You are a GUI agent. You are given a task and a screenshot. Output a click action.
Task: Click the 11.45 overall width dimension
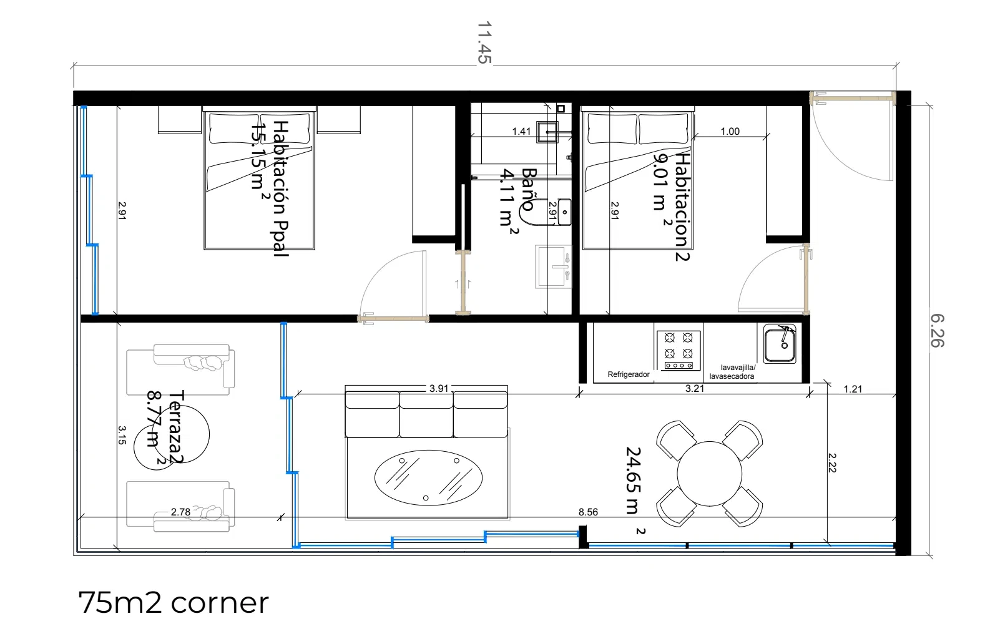[484, 42]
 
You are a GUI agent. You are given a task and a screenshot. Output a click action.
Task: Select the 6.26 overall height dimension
[937, 331]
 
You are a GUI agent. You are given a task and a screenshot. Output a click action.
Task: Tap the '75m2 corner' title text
[174, 602]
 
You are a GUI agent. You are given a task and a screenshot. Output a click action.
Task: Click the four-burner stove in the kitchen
[679, 351]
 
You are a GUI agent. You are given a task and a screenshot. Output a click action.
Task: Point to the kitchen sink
[780, 344]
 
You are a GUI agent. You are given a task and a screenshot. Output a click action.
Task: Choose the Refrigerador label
[629, 374]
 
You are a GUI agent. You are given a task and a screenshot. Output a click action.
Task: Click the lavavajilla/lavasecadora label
[732, 372]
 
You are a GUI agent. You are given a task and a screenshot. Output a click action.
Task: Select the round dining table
[709, 474]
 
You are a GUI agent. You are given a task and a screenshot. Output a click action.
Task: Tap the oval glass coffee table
[428, 478]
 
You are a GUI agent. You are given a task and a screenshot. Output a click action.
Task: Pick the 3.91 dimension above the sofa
[439, 389]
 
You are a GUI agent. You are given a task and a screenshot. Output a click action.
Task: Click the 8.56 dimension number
[588, 512]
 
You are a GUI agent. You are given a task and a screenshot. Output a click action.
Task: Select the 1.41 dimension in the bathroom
[521, 132]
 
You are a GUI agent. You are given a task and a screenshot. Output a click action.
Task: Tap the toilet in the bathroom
[546, 212]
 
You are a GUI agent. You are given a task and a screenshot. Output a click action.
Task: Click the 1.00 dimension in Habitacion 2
[730, 132]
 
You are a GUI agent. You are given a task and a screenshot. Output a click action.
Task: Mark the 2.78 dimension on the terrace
[181, 512]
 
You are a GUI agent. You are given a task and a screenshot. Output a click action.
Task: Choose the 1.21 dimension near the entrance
[853, 389]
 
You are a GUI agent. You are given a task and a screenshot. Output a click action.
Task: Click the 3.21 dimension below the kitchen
[695, 389]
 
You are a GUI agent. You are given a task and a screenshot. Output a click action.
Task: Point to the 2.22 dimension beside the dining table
[832, 463]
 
